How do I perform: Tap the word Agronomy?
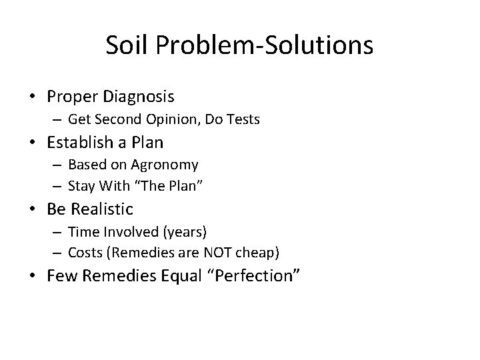pos(165,165)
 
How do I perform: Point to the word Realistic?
pos(102,209)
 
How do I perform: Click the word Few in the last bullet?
pos(61,276)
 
